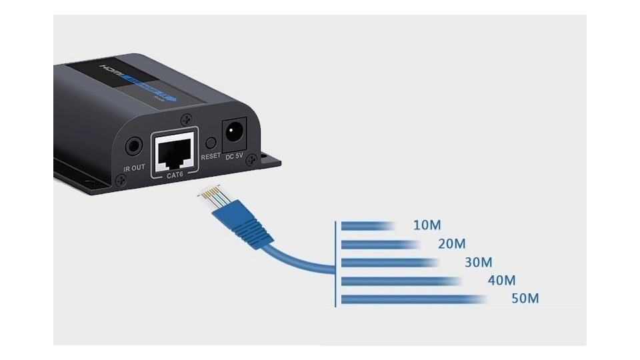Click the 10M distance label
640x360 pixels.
point(427,225)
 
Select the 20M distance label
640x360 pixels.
point(451,244)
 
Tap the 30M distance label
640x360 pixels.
point(478,263)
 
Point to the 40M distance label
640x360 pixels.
point(501,281)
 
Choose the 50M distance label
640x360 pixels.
point(525,298)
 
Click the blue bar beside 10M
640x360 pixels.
point(367,226)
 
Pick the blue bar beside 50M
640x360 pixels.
point(413,299)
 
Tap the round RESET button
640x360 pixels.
point(211,143)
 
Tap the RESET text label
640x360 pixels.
point(211,157)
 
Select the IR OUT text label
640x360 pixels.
point(134,167)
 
